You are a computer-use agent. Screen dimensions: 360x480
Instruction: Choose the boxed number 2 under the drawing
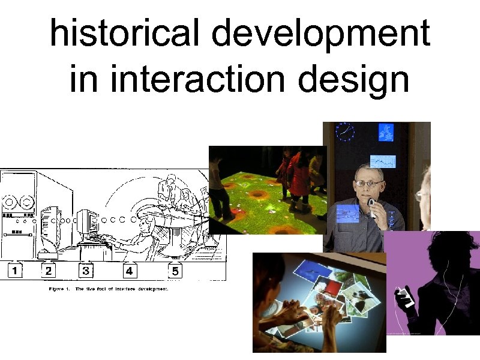pos(49,271)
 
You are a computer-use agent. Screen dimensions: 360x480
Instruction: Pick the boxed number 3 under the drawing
pos(86,271)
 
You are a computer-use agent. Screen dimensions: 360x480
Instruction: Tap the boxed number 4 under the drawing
pos(129,271)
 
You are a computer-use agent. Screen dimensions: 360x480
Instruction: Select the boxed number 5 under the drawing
pos(175,271)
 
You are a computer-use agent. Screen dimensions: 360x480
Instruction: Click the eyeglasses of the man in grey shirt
pos(369,182)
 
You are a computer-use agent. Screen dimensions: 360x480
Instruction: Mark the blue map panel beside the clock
pos(385,133)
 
